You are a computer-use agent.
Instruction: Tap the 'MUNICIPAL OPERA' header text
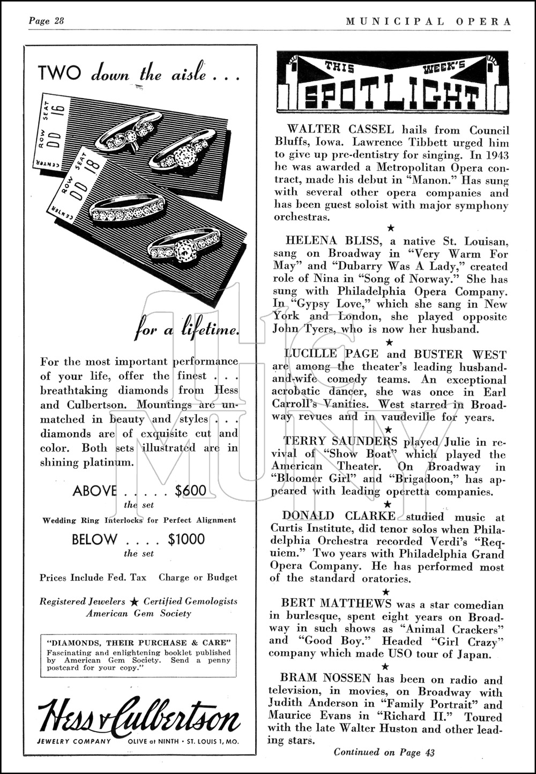tap(428, 21)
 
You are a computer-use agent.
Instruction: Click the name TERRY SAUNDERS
tap(340, 441)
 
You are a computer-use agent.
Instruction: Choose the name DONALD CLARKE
tap(339, 516)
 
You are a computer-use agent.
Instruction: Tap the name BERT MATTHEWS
tap(330, 605)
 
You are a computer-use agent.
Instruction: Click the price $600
tap(190, 491)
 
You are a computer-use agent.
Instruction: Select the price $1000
tap(187, 540)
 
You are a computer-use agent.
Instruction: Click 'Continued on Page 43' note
tap(384, 752)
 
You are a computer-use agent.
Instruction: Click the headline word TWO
tap(59, 73)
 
